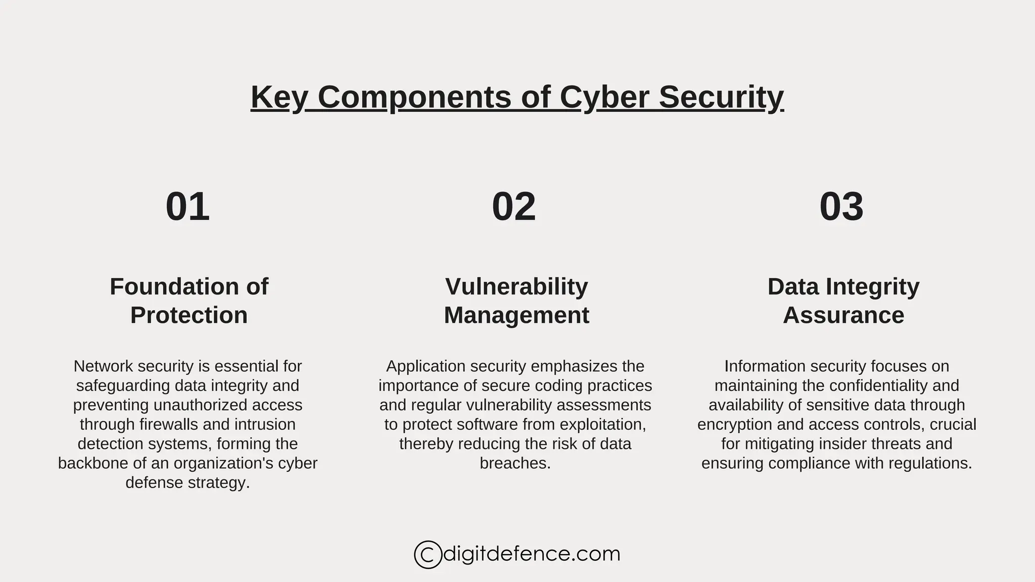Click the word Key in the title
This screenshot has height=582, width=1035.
click(x=278, y=97)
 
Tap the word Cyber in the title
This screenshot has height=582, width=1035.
click(x=604, y=97)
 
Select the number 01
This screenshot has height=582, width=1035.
click(x=187, y=207)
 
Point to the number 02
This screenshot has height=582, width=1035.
click(x=513, y=207)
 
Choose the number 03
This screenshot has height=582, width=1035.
click(x=841, y=207)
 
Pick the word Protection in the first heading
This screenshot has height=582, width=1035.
click(x=189, y=315)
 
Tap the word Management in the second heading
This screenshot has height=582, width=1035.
click(x=516, y=315)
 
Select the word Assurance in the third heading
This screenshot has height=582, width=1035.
click(x=843, y=315)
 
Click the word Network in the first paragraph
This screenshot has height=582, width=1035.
click(x=103, y=366)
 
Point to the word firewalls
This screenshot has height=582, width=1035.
click(x=171, y=424)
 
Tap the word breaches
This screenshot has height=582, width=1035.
click(x=515, y=463)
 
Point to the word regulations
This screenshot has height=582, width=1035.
click(x=933, y=463)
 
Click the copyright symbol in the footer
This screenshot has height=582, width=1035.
click(x=428, y=555)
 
